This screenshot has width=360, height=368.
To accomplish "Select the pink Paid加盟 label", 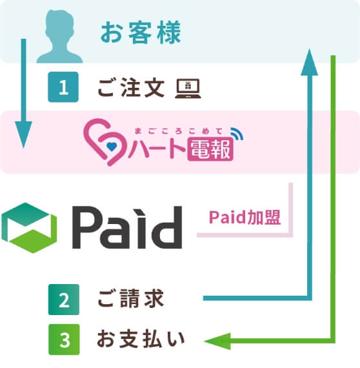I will coord(245,218).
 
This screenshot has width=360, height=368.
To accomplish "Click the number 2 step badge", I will coord(63,300).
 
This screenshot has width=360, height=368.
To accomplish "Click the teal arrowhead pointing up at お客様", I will coord(312,60).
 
